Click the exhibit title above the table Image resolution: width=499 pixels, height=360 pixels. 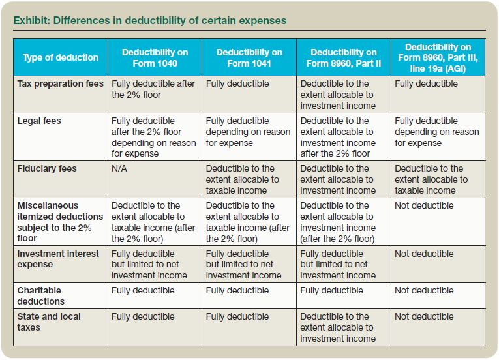pos(149,20)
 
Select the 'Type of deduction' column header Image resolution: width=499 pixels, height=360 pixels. pos(61,57)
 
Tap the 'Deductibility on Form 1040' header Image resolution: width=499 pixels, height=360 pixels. pos(155,57)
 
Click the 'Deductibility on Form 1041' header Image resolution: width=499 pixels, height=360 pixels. pos(249,57)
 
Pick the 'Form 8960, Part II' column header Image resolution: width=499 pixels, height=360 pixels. pos(343,57)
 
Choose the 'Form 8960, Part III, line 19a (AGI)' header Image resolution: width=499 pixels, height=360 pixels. pos(438,57)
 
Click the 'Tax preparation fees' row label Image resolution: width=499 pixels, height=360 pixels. pos(61,84)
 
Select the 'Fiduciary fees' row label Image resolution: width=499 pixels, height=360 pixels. pos(47,169)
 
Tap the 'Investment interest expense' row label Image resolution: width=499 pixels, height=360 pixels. pos(58,259)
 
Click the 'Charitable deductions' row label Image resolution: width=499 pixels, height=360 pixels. pos(40,295)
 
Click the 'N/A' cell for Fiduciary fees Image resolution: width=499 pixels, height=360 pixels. pos(121,169)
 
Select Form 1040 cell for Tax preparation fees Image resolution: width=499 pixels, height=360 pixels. pos(153,89)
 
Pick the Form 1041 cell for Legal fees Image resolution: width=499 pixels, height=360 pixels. pos(248,132)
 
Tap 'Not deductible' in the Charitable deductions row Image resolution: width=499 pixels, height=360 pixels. pos(424,291)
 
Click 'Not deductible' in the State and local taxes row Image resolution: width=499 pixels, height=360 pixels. pos(424,317)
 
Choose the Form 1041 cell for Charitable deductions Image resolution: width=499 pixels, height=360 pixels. pos(237,291)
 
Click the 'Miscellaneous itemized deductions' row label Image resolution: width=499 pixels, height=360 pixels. pos(60,221)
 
